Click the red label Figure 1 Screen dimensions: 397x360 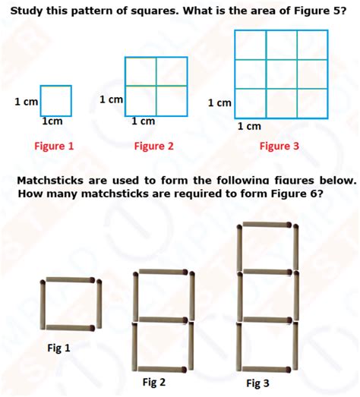click(54, 147)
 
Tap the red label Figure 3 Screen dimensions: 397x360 click(279, 147)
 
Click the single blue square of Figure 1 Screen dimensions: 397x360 click(55, 101)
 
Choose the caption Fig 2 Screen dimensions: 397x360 click(154, 381)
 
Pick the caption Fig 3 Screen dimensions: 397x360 click(257, 383)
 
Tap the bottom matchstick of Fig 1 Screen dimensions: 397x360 click(70, 328)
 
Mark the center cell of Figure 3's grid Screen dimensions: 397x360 click(281, 74)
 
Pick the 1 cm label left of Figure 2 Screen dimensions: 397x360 click(111, 99)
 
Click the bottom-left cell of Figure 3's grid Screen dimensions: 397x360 click(251, 102)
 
